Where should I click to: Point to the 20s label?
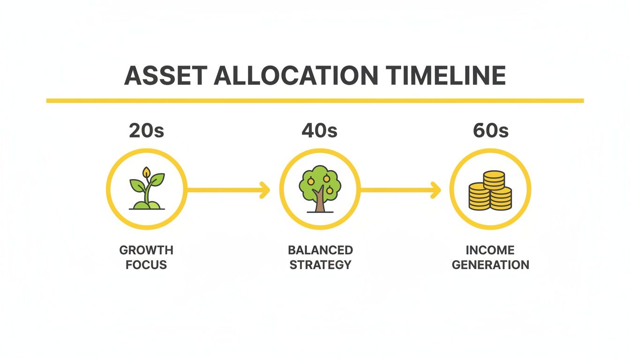[x=146, y=131]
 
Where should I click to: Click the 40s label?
[x=320, y=131]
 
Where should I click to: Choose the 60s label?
[x=490, y=131]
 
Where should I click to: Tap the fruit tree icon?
[x=320, y=188]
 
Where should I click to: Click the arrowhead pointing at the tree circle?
[x=266, y=190]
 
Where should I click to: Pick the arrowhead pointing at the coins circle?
[x=436, y=190]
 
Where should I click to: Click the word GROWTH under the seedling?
[x=146, y=250]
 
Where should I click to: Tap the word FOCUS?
[x=146, y=265]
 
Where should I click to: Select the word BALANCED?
[x=321, y=250]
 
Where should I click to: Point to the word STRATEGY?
[x=321, y=265]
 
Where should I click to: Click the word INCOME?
[x=490, y=250]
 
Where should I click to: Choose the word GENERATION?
[x=490, y=265]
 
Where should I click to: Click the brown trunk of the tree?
[x=320, y=202]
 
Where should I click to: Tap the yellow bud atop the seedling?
[x=147, y=172]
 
